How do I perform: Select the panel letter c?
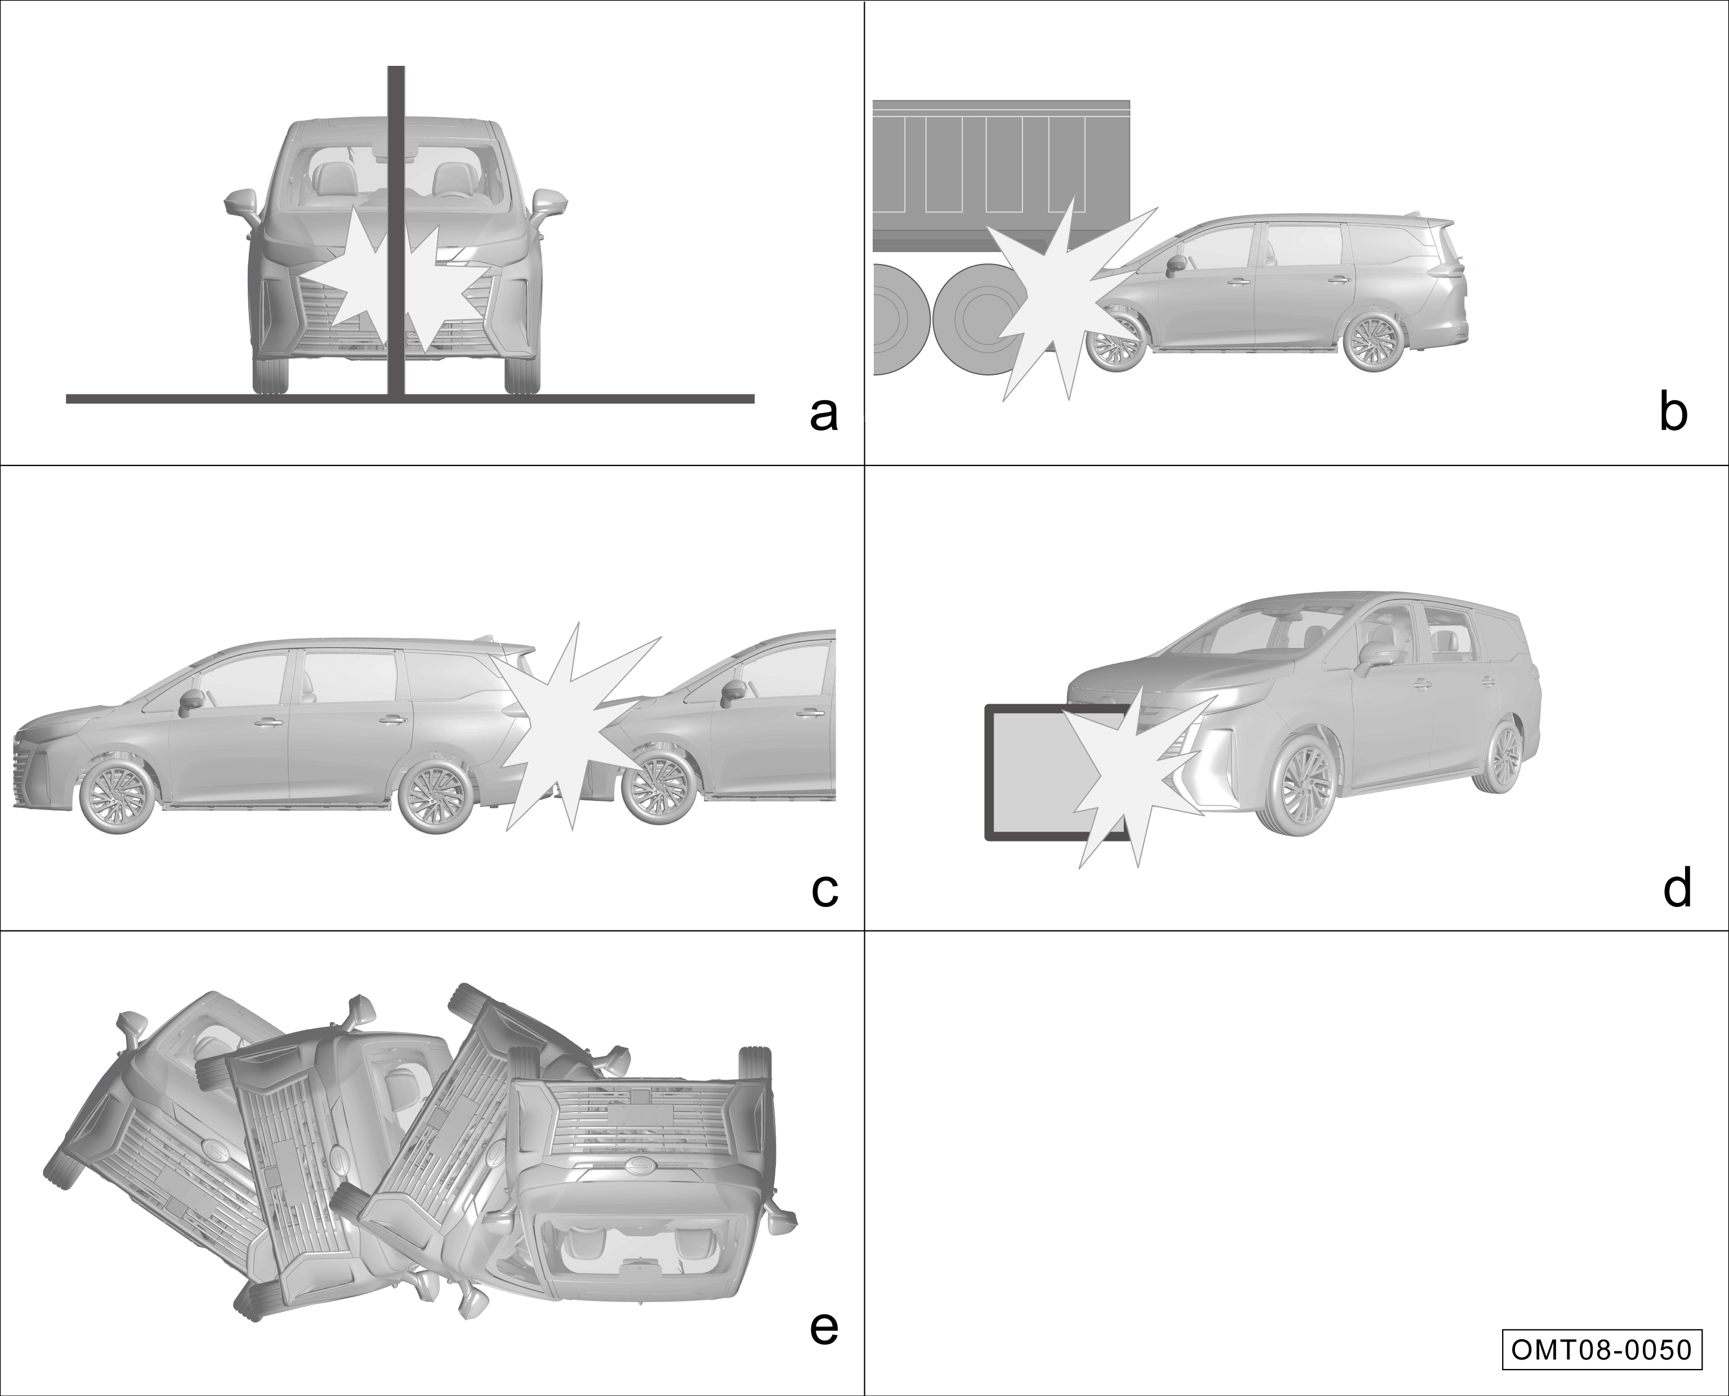click(824, 889)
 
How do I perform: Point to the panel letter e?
click(824, 1328)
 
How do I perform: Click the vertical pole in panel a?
click(396, 231)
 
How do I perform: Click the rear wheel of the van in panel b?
click(1372, 343)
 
